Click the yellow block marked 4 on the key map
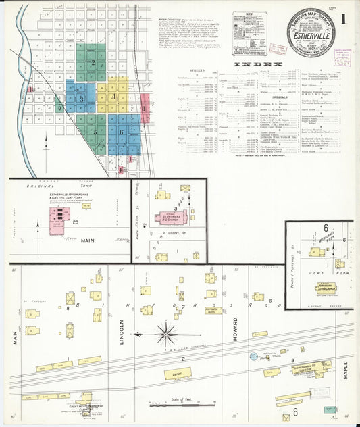tap(114, 97)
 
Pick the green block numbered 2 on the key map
tap(93, 63)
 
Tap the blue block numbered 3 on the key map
tap(81, 99)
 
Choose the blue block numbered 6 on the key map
tap(122, 132)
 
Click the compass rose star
tap(166, 334)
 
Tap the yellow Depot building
tap(178, 373)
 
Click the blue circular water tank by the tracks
tap(253, 356)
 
